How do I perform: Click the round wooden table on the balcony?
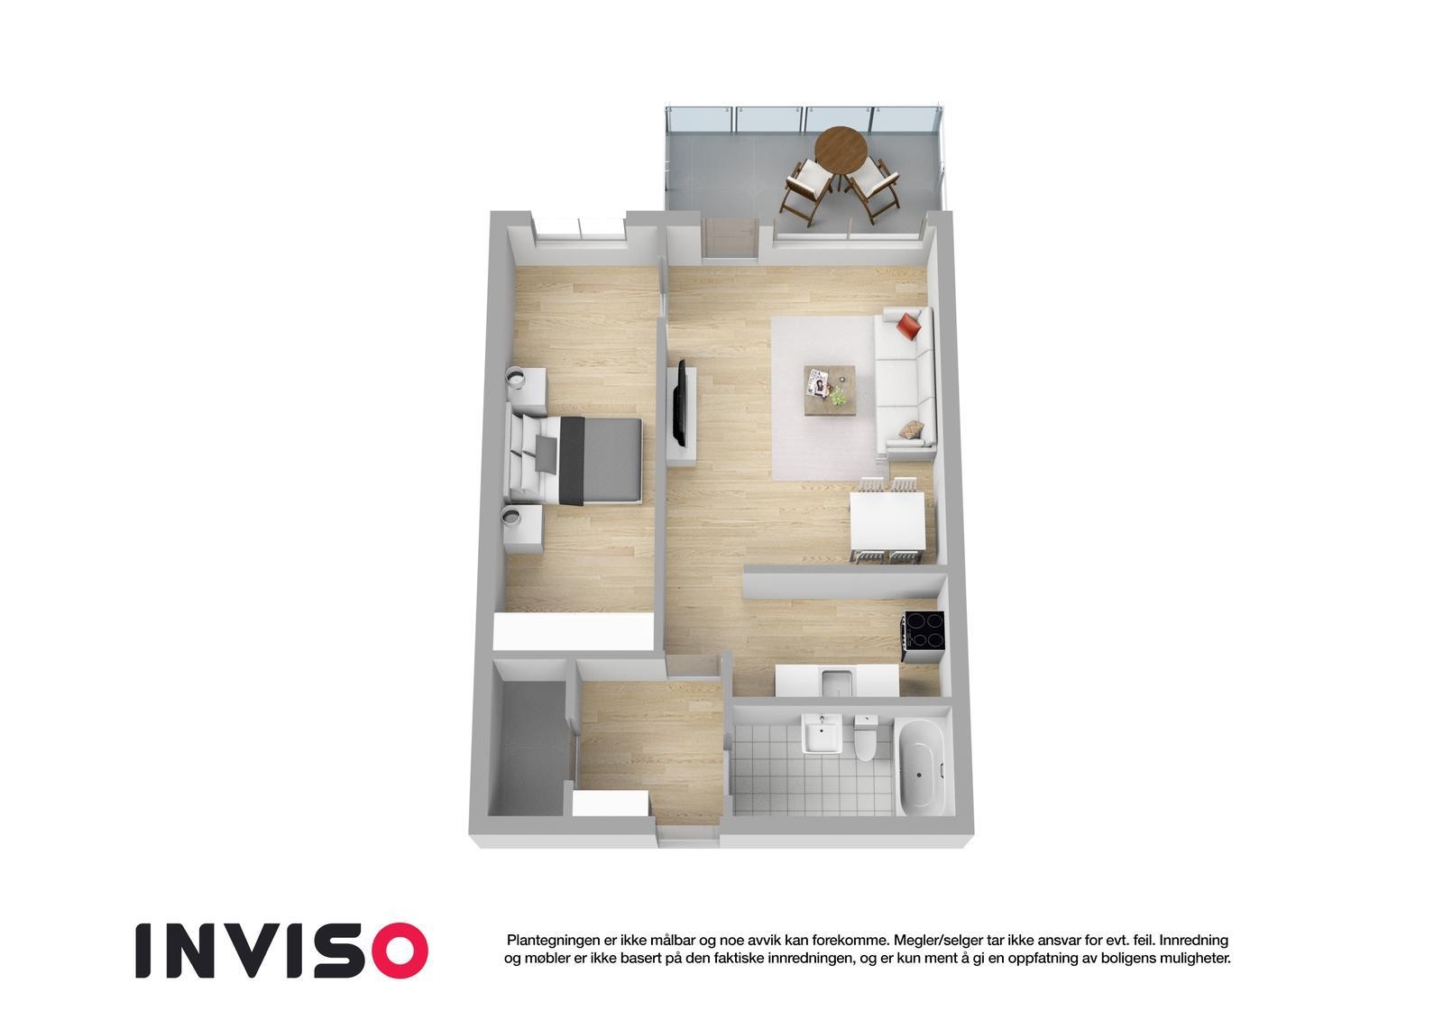pos(841,145)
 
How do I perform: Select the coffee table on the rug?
pos(831,390)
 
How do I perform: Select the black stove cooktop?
pos(924,630)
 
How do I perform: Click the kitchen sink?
pos(836,683)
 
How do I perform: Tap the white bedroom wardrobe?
pos(574,629)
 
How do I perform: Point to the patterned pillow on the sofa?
pos(912,429)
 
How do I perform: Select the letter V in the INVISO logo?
pos(262,950)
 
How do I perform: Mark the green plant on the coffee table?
pos(839,396)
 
